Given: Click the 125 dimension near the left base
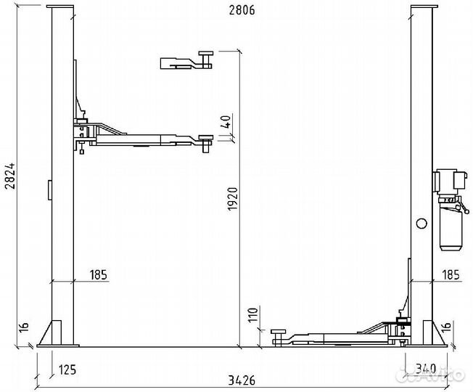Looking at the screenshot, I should pyautogui.click(x=67, y=369).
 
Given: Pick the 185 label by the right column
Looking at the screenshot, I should pyautogui.click(x=449, y=274).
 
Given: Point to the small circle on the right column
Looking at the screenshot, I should pyautogui.click(x=419, y=224).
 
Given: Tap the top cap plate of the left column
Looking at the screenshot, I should pyautogui.click(x=60, y=6).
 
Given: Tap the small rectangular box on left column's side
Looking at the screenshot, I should pyautogui.click(x=49, y=190).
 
